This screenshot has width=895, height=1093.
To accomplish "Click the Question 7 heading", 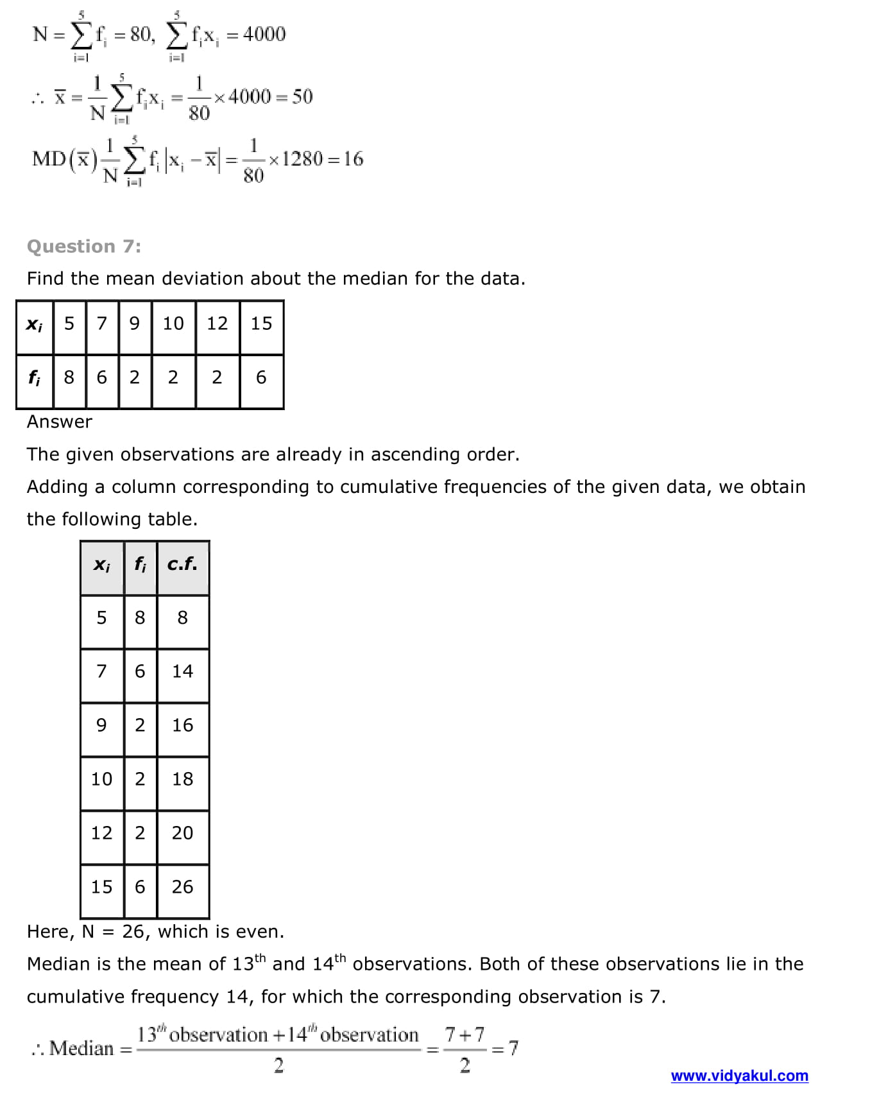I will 84,246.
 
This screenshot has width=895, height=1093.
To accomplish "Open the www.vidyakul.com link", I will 739,1076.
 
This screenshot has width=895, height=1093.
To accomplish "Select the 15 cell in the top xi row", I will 261,323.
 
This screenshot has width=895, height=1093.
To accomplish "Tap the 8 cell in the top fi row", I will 69,377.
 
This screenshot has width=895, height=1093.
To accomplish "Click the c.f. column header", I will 182,564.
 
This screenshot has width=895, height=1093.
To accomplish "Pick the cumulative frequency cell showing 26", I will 182,887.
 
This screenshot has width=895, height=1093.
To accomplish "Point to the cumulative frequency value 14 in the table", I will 182,671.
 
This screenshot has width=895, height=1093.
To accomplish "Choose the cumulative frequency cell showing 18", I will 182,779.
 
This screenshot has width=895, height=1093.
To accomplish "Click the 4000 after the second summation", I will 264,34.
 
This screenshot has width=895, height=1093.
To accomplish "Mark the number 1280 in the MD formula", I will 302,159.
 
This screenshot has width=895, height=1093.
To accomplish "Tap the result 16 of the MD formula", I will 353,159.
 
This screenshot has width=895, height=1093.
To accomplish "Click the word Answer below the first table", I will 60,422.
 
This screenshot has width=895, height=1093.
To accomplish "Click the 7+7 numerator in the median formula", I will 465,1035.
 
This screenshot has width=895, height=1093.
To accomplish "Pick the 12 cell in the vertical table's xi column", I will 101,833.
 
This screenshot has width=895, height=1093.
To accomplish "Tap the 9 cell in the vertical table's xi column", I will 101,725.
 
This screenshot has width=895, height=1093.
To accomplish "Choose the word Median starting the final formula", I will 81,1049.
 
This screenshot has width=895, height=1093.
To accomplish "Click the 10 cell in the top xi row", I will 173,323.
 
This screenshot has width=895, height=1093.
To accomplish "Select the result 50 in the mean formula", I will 302,97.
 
